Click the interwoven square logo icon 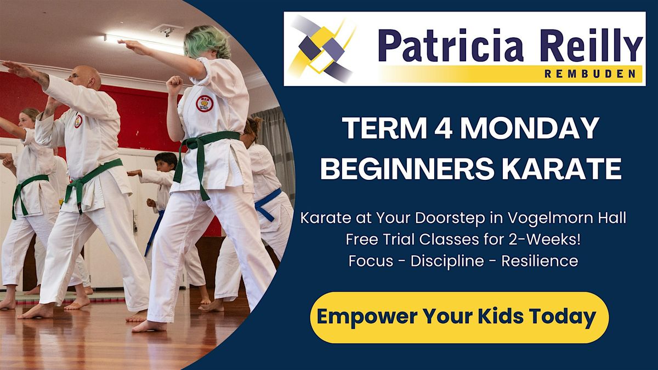(322, 48)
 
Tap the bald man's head (87, 77)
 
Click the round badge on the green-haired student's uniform (205, 103)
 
